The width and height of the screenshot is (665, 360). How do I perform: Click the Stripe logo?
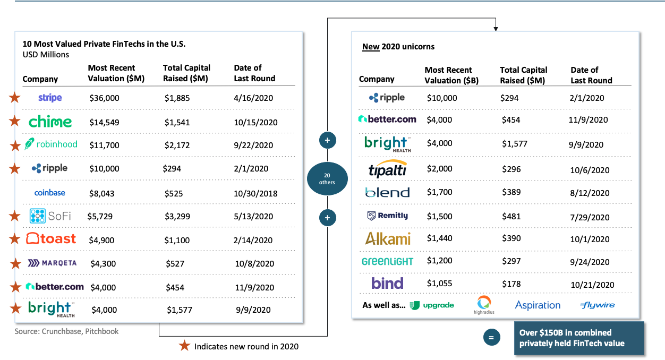click(x=50, y=98)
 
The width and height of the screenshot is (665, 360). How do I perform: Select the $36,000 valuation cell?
click(x=104, y=98)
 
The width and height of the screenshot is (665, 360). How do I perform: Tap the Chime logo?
click(x=50, y=122)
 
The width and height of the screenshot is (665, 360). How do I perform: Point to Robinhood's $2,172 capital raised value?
click(x=177, y=145)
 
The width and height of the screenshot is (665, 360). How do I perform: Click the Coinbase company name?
click(x=50, y=193)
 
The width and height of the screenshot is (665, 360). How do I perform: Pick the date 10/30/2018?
click(x=254, y=193)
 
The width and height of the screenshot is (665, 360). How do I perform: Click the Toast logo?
click(x=51, y=239)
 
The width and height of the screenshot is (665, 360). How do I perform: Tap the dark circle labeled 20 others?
click(x=327, y=179)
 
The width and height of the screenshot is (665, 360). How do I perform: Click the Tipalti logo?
click(x=388, y=169)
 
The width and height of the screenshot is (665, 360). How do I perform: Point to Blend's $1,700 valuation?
click(x=440, y=192)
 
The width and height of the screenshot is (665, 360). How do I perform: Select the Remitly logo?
click(x=388, y=216)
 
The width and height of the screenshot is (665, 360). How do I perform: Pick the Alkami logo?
click(x=388, y=238)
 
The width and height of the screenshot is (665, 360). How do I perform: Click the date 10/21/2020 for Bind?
click(x=592, y=285)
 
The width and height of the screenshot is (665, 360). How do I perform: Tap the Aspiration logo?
click(x=538, y=305)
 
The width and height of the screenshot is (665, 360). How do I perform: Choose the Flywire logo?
click(x=598, y=305)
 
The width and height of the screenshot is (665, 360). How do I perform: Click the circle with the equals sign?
click(x=491, y=338)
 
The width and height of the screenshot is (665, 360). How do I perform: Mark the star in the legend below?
click(x=184, y=346)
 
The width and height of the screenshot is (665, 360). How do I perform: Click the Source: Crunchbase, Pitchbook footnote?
click(x=66, y=331)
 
